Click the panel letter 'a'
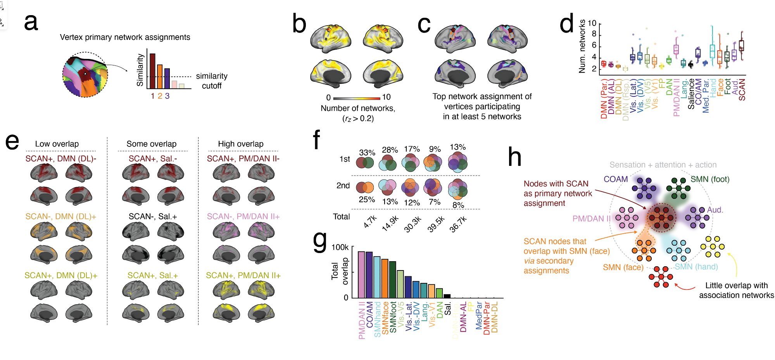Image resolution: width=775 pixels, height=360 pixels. tap(31, 22)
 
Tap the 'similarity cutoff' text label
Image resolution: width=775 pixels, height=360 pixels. tap(212, 81)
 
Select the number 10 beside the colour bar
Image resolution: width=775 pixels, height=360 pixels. tap(387, 97)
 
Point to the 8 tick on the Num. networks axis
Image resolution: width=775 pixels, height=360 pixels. tap(594, 34)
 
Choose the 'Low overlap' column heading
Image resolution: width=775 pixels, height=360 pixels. tap(57, 144)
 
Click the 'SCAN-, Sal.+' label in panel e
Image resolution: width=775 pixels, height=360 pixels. tap(153, 217)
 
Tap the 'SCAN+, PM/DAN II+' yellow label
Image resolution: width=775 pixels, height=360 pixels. tap(243, 276)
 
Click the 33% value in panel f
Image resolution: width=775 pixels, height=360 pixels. tap(367, 153)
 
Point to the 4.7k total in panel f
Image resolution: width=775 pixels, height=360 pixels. tap(370, 221)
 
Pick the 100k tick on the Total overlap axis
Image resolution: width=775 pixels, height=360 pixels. tap(340, 248)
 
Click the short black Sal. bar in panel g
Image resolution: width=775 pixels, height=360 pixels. tap(447, 296)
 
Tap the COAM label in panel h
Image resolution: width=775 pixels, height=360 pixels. tap(616, 179)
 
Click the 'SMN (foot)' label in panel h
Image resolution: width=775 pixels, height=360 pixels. tap(710, 179)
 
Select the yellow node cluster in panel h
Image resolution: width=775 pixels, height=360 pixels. tap(713, 247)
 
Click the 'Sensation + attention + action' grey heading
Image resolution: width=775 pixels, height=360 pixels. tap(663, 165)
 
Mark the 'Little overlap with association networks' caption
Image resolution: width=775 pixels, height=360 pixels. tap(736, 290)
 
